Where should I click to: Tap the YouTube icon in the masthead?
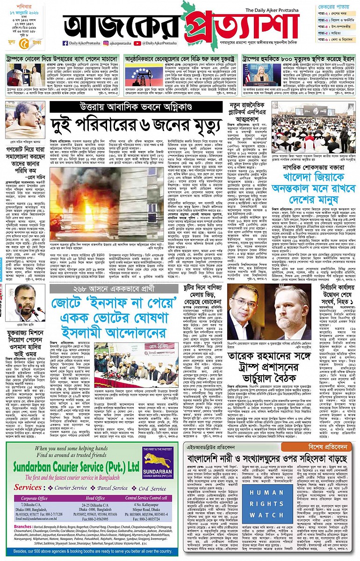pyautogui.click(x=137, y=43)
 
